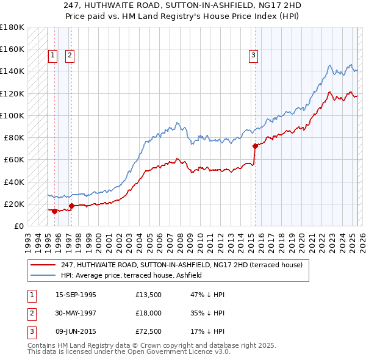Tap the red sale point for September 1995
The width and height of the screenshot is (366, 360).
click(x=55, y=211)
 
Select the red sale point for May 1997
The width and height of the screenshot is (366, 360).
click(x=72, y=206)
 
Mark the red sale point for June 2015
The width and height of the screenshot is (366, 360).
click(x=255, y=146)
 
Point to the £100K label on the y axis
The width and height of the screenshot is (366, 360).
click(x=12, y=115)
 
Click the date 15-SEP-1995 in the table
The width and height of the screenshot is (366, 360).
click(x=76, y=295)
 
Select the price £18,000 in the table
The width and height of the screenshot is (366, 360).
click(x=149, y=315)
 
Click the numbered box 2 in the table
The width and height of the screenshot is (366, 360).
click(x=32, y=315)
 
